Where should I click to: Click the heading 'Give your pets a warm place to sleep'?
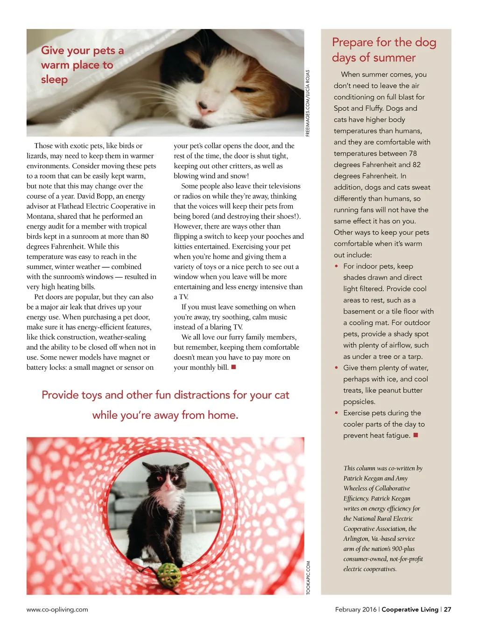tap(82, 65)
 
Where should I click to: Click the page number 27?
tap(447, 609)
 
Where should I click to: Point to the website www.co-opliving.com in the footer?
tap(57, 609)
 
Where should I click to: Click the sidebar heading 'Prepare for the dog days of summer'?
tap(384, 50)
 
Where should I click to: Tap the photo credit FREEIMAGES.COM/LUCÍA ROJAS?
tap(308, 103)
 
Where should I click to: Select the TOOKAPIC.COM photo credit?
tap(308, 578)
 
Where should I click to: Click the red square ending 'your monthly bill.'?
tap(233, 367)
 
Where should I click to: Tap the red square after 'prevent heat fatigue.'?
tap(415, 435)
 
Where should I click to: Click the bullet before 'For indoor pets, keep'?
tap(336, 266)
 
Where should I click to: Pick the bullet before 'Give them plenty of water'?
tap(336, 368)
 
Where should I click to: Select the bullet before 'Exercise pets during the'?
tap(336, 413)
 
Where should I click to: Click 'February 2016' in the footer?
tap(356, 609)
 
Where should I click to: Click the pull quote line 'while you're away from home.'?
tap(165, 415)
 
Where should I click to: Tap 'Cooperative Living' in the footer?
tap(410, 609)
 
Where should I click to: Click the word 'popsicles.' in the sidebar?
tap(359, 402)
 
